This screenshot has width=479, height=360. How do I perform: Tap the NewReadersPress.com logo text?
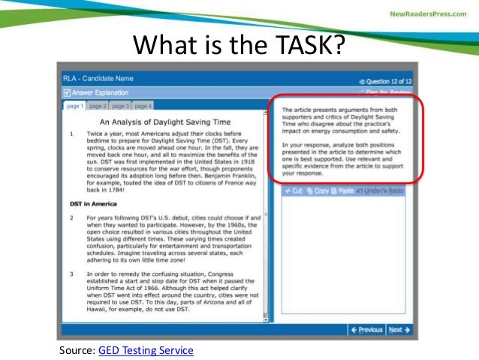(428, 14)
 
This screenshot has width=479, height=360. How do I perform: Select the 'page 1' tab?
(75, 106)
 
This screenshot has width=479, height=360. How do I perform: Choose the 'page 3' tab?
(122, 106)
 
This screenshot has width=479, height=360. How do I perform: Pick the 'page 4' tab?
(143, 106)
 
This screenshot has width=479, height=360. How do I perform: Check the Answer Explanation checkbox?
(68, 93)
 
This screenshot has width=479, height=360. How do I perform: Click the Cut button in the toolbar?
(293, 191)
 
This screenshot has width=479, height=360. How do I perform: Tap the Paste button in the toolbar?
(342, 191)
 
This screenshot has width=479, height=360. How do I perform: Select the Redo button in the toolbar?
(393, 191)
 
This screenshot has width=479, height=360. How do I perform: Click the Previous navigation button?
(367, 329)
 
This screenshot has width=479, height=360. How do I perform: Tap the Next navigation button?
(399, 329)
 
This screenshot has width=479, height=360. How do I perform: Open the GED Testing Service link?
(145, 350)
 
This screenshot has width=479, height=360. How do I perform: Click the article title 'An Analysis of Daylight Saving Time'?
(163, 120)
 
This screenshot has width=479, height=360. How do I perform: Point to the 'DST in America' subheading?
(94, 204)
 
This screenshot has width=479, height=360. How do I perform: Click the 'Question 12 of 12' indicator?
(386, 80)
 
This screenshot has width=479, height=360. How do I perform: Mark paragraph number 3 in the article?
(70, 276)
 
